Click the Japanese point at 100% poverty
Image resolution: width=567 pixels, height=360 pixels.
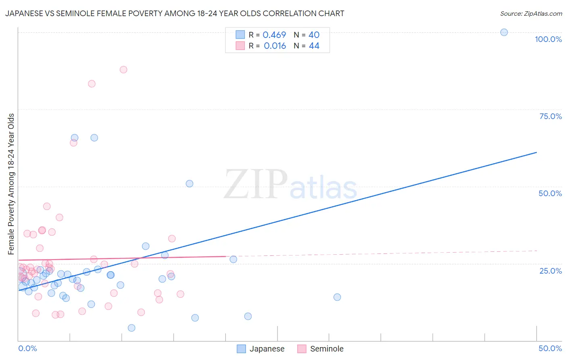pos(504,32)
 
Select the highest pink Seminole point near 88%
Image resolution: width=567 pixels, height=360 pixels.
pos(123,69)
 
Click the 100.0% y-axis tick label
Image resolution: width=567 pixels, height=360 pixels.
pos(548,39)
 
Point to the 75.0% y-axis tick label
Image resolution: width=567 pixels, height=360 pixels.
pos(550,116)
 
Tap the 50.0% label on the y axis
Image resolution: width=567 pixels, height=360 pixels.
pos(550,193)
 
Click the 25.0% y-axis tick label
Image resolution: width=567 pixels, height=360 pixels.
pos(550,270)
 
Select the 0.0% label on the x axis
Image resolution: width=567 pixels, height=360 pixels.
pos(27,348)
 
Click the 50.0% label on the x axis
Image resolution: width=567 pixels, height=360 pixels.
pos(550,348)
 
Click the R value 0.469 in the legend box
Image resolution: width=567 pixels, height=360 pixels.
pos(274,35)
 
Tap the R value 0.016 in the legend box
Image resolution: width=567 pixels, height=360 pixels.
pos(275,46)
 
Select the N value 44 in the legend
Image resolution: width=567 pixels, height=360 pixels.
pos(314,46)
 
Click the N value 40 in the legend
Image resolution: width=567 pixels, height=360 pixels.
pos(314,35)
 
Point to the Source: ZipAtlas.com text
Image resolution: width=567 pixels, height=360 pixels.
pos(531,13)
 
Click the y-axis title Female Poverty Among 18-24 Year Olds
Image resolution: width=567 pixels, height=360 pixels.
pos(11,184)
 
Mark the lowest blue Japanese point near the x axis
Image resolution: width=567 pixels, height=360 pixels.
pos(131,328)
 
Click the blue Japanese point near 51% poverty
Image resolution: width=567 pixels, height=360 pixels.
pos(189,184)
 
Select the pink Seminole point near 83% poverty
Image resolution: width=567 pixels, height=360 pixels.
pos(92,84)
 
